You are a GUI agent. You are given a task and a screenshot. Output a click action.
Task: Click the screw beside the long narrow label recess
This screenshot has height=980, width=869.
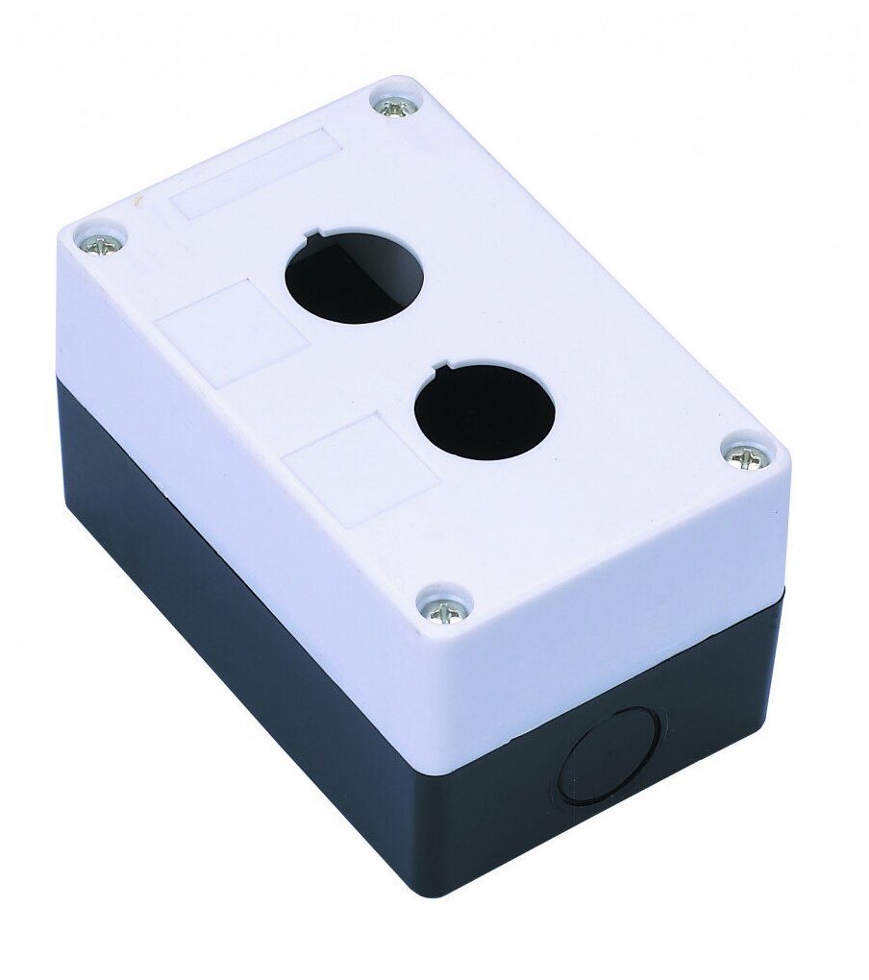coord(393,106)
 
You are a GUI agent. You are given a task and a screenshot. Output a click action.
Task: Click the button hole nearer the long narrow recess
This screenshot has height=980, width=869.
coord(355,276)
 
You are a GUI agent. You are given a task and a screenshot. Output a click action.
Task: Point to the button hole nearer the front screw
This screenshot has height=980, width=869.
coord(484,411)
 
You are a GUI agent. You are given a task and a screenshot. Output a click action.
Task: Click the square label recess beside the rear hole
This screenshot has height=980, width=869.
coord(232,331)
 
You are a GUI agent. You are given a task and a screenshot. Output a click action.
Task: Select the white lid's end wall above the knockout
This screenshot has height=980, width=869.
coord(615,615)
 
